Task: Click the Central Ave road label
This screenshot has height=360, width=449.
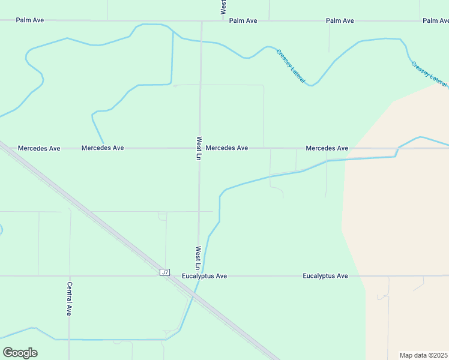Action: point(70,299)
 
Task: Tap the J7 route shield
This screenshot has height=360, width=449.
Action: point(165,272)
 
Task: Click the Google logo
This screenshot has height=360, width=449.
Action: point(20,353)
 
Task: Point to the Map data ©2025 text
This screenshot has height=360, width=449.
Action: point(424,355)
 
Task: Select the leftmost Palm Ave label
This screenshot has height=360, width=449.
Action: point(30,20)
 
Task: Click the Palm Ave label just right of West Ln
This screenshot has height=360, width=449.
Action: point(243,20)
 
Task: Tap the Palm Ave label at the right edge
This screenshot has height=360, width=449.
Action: point(436,20)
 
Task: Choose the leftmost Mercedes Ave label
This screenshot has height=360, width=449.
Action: point(39,148)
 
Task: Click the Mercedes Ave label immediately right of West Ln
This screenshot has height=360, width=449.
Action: point(226,148)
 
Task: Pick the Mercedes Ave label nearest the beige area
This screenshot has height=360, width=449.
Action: point(327,148)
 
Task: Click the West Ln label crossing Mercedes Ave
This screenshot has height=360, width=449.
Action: point(199,148)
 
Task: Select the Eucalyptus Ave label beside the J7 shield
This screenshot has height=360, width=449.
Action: point(204,276)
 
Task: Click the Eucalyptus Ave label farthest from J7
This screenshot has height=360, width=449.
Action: point(325,276)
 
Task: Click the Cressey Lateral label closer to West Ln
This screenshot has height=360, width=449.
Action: point(291,65)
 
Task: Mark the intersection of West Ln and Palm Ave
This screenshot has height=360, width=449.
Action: point(202,20)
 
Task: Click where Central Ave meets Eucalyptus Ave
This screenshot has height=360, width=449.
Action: point(70,276)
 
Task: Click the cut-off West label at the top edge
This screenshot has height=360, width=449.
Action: point(223,6)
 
